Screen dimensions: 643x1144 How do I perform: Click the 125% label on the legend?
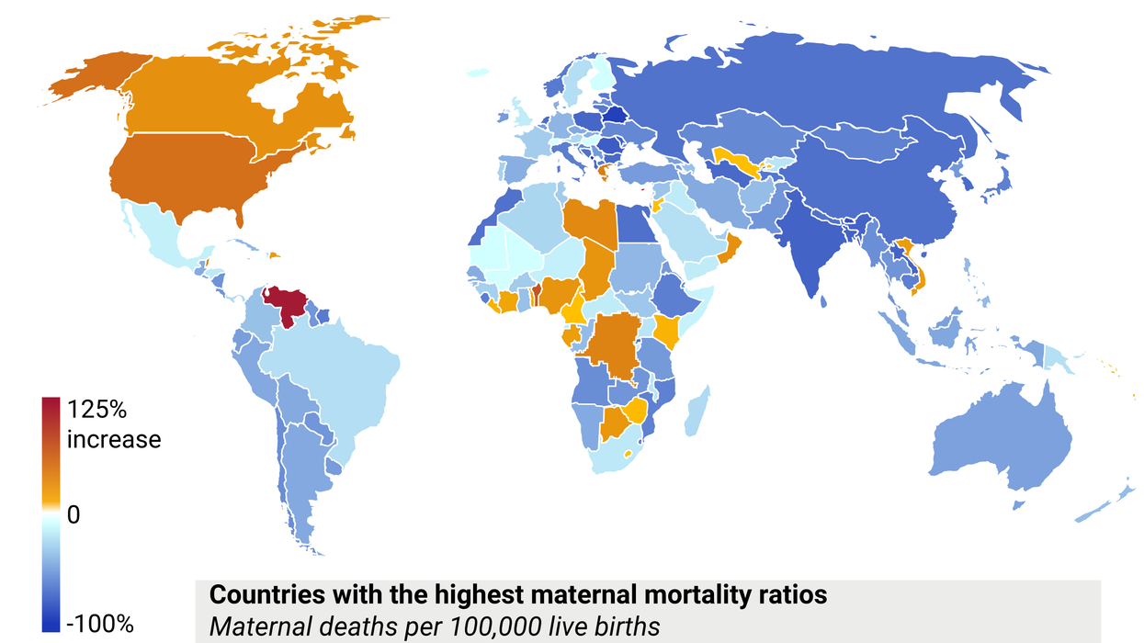pyautogui.click(x=98, y=410)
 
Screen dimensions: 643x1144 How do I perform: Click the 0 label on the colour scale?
pyautogui.click(x=74, y=515)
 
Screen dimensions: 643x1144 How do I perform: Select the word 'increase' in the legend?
pyautogui.click(x=114, y=439)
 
